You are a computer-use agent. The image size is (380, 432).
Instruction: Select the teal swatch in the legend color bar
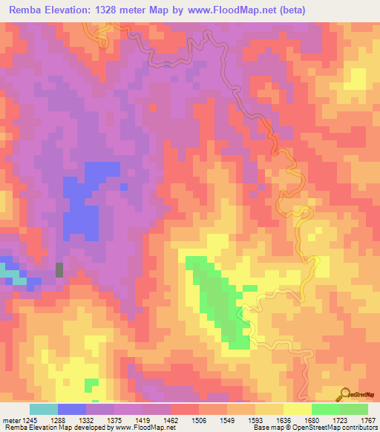pos(44,409)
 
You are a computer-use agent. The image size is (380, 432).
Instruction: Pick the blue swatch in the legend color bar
pos(72,409)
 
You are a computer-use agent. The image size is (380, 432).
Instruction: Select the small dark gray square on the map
pos(59,269)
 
